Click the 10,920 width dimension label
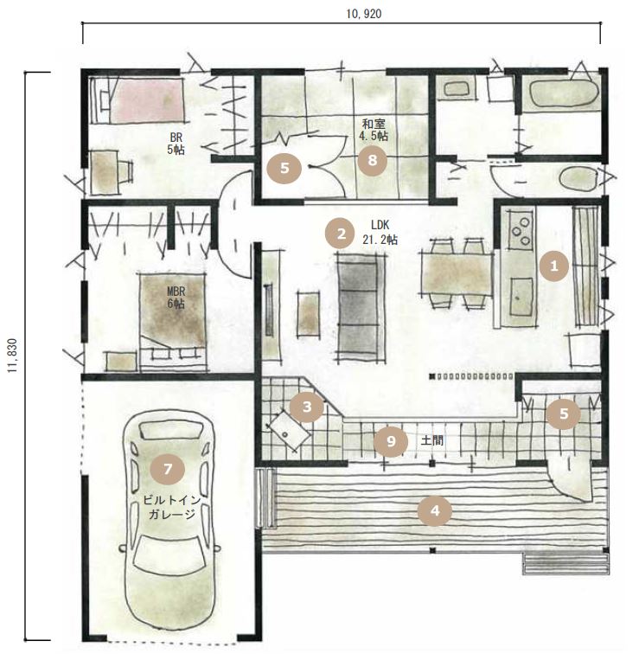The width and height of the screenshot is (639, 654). tap(363, 14)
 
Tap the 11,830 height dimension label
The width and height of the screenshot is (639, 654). tap(14, 356)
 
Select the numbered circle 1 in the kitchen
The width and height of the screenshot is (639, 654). tap(554, 266)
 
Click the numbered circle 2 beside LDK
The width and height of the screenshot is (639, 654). tap(342, 234)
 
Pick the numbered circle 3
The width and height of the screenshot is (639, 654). tap(307, 407)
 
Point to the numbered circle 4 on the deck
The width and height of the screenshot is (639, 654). tap(435, 510)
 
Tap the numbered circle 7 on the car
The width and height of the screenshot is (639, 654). tap(168, 469)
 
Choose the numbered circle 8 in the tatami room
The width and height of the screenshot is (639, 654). tap(372, 160)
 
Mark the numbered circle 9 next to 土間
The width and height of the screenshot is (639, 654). tap(391, 441)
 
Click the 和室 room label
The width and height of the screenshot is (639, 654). tap(374, 125)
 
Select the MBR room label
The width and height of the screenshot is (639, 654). tap(176, 291)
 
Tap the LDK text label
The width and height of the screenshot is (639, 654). tap(380, 225)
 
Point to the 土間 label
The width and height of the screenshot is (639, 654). tap(431, 440)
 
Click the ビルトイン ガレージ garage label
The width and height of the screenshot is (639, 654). tap(171, 507)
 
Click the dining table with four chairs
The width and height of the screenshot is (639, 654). tap(457, 273)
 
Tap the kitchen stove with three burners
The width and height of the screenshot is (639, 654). tap(521, 230)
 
